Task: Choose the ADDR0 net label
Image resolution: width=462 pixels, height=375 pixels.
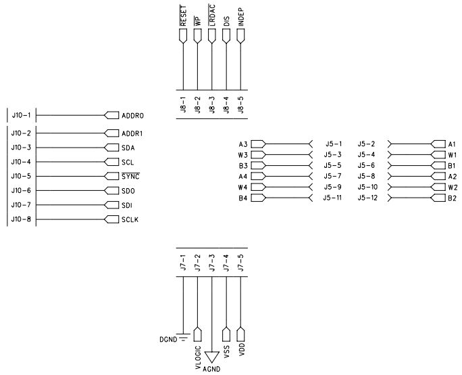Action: (133, 115)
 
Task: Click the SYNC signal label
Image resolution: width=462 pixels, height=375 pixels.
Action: (130, 177)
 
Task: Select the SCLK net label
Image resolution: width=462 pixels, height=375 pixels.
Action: (130, 219)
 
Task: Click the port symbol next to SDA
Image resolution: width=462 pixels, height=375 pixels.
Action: (111, 148)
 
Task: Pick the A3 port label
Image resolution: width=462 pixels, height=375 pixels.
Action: (243, 144)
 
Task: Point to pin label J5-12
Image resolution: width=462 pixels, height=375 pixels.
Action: (367, 198)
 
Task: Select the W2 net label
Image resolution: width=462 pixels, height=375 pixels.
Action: (453, 187)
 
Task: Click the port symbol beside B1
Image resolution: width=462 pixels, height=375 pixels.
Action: (437, 165)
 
